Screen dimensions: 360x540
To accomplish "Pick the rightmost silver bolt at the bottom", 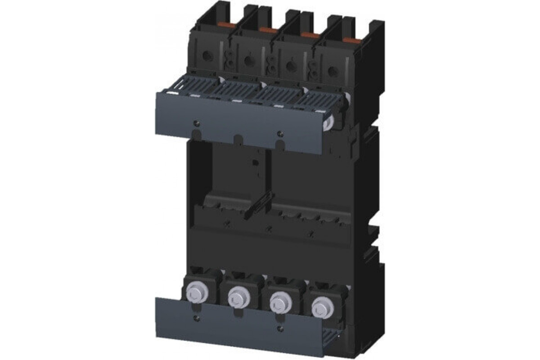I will point(320,306).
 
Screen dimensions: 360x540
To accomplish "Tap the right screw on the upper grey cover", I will point(280,132).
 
